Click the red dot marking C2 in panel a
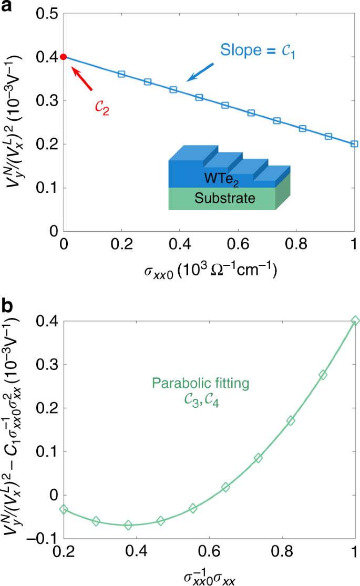64,57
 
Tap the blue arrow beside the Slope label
201,73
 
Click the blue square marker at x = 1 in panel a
354,143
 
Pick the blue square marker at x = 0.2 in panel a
121,74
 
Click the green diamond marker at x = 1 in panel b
355,321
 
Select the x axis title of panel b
209,577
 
